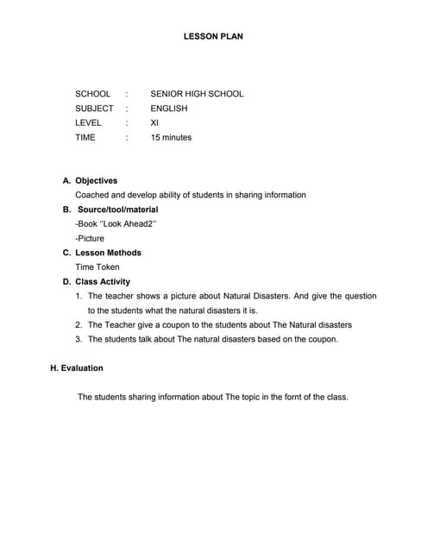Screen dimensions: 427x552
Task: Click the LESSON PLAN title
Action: [x=213, y=37]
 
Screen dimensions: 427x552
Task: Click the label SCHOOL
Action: [x=93, y=94]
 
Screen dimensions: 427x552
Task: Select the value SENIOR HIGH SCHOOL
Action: [x=197, y=94]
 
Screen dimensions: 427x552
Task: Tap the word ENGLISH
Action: [x=168, y=109]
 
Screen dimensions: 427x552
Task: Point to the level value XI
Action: [x=154, y=123]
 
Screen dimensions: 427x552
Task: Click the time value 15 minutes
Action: [x=171, y=138]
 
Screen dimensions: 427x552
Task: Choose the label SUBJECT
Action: [x=94, y=109]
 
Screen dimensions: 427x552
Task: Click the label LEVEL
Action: [x=88, y=123]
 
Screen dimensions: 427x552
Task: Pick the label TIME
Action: [x=85, y=138]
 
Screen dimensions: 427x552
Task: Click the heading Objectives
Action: [x=96, y=181]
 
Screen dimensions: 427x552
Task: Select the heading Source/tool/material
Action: [x=117, y=210]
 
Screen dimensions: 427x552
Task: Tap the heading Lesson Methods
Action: [x=108, y=253]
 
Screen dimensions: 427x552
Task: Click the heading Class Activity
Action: [x=103, y=282]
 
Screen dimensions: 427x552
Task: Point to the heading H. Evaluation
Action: [x=77, y=368]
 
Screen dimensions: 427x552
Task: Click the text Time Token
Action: [x=97, y=267]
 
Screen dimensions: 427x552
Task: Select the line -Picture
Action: [x=90, y=238]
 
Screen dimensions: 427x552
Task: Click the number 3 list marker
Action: [x=78, y=339]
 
